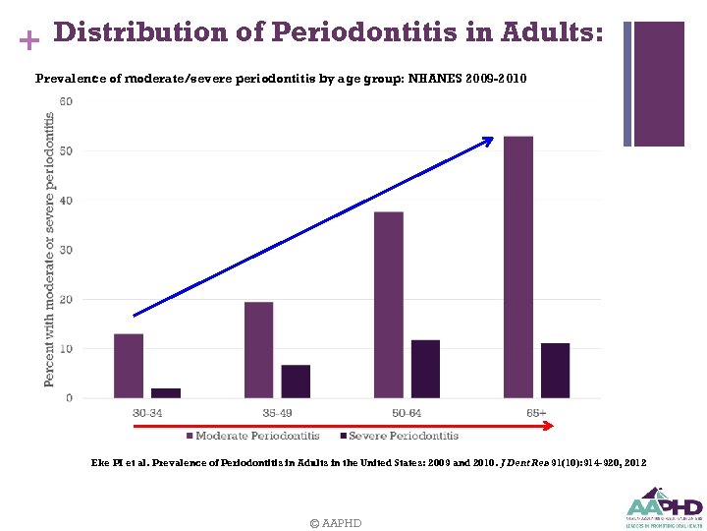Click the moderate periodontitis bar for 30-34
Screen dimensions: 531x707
coord(129,366)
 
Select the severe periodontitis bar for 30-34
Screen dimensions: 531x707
coord(166,393)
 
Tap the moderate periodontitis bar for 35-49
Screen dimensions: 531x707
coord(258,350)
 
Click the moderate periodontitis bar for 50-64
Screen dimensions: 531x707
coord(388,305)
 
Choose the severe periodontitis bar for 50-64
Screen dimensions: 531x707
coord(425,369)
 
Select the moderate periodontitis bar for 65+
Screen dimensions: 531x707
coord(518,267)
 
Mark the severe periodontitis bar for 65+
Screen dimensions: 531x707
coord(555,371)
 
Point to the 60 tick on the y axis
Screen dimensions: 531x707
coord(66,101)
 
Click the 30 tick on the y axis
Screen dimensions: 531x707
coord(66,250)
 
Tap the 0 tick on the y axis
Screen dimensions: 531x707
coord(69,398)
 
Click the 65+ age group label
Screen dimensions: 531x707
coord(536,413)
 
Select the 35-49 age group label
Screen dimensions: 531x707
coord(277,413)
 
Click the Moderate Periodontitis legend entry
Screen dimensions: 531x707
coord(251,436)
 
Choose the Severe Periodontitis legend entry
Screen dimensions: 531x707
coord(398,436)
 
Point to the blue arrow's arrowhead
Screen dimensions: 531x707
coord(488,142)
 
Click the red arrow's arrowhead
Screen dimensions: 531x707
coord(549,426)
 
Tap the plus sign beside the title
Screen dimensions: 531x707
coord(29,40)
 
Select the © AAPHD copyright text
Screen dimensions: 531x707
coord(335,523)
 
